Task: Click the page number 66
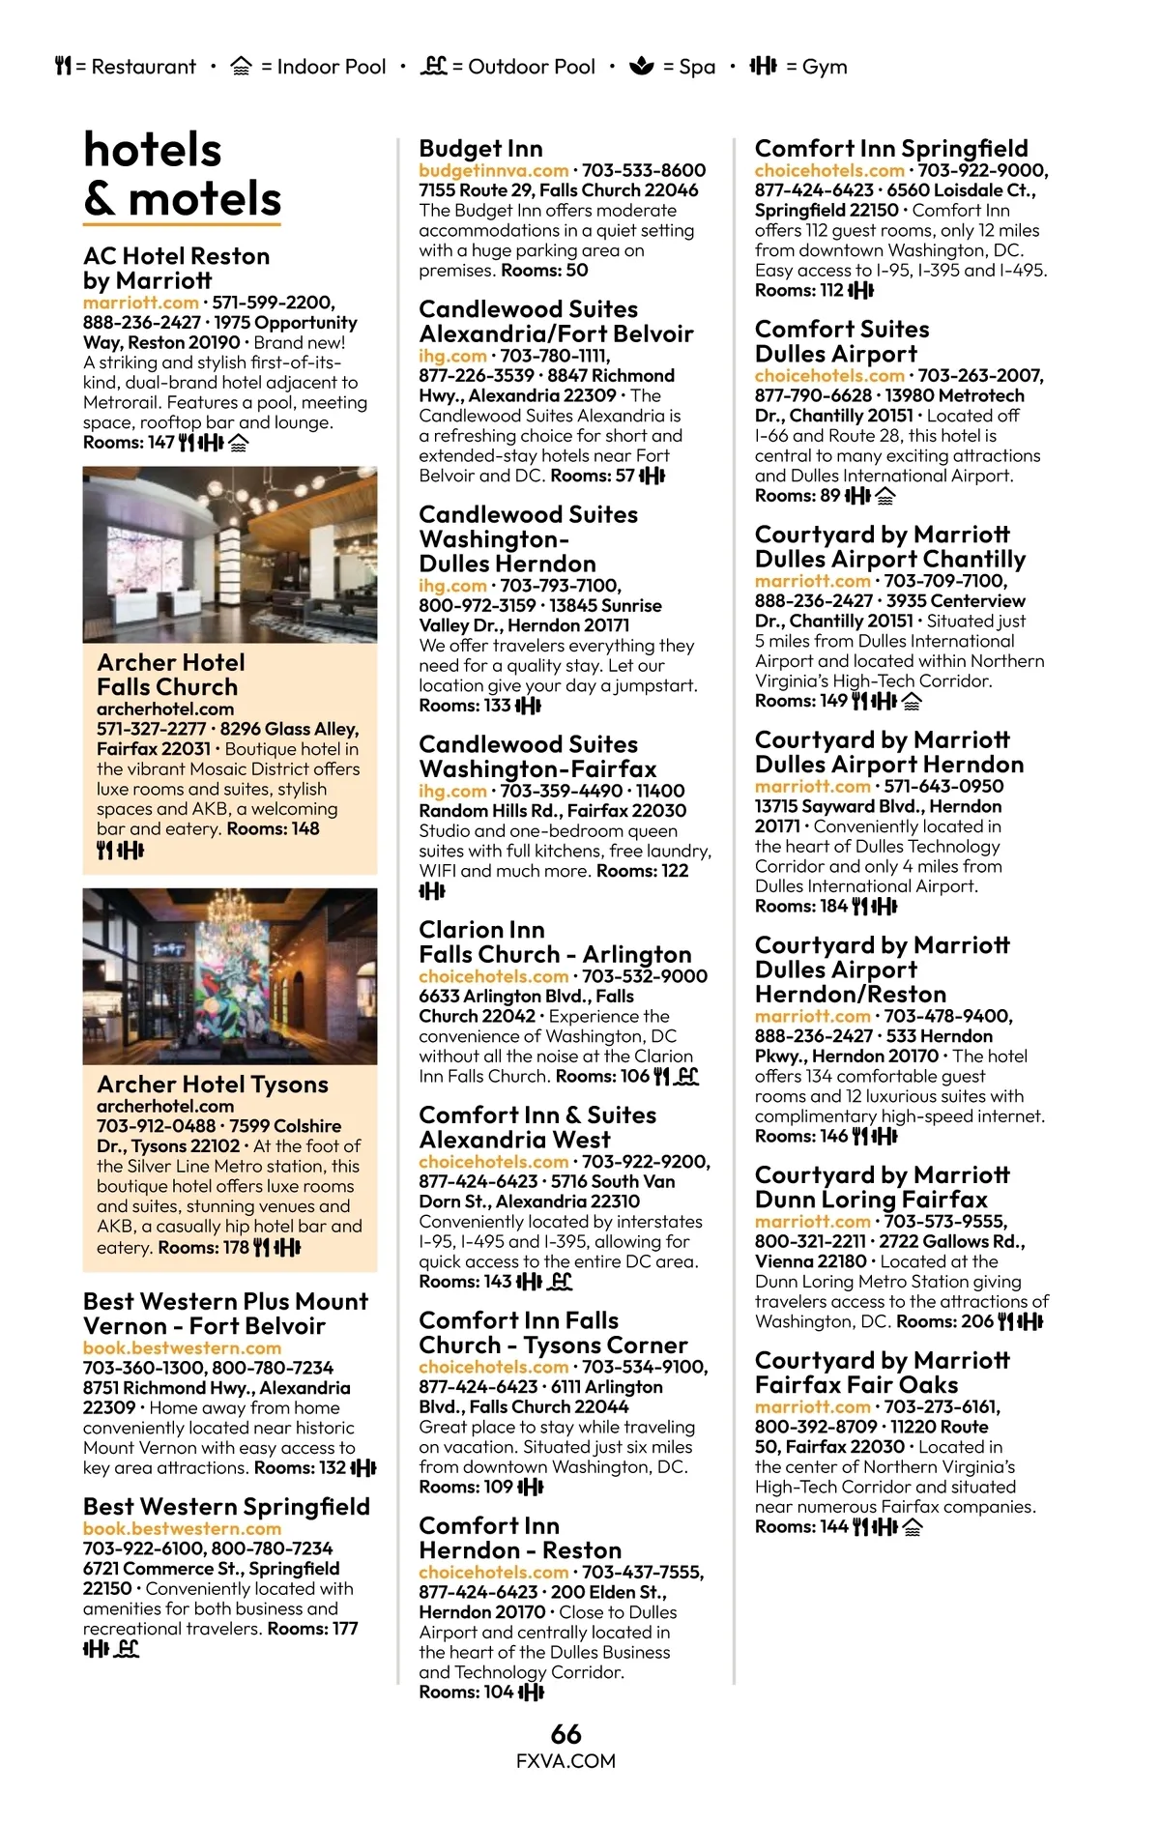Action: [565, 1733]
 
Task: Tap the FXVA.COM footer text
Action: [565, 1760]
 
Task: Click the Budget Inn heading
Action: [480, 148]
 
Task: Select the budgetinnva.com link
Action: [493, 170]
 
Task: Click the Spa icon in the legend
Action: [641, 66]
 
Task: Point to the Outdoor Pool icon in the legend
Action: [434, 66]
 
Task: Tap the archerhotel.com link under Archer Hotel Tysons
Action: [164, 1106]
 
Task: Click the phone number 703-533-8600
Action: [644, 170]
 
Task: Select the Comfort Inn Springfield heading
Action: [890, 148]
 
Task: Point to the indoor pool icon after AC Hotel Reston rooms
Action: [239, 443]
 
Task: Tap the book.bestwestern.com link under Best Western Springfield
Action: [182, 1528]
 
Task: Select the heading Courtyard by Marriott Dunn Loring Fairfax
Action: [882, 1187]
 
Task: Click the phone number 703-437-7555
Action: [643, 1572]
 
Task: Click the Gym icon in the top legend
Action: [763, 66]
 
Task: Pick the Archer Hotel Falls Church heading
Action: [170, 675]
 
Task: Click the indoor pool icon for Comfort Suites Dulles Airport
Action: [884, 496]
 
